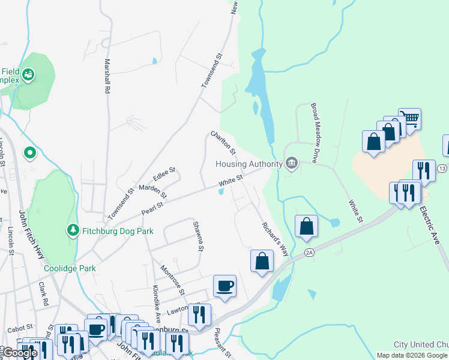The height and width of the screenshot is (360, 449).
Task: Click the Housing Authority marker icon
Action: click(292, 163)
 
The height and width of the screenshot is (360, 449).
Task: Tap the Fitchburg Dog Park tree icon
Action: click(73, 230)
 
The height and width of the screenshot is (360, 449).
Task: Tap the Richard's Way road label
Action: click(274, 236)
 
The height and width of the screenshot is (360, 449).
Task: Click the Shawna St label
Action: click(199, 236)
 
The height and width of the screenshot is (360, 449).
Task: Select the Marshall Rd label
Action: click(107, 76)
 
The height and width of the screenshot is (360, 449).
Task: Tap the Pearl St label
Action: click(152, 207)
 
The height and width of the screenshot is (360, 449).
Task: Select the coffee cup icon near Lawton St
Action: click(224, 286)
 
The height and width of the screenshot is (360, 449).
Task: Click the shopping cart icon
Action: click(409, 119)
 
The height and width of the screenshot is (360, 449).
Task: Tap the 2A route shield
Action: click(309, 253)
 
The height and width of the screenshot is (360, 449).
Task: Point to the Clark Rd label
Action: click(43, 294)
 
